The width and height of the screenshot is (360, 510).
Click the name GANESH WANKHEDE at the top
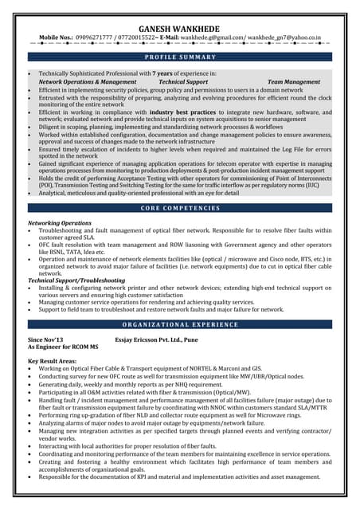[x=180, y=26]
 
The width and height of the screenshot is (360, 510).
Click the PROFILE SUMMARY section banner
[x=180, y=57]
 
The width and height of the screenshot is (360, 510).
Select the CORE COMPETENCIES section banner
[x=180, y=208]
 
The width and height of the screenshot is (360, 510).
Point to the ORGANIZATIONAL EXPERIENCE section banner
[x=180, y=325]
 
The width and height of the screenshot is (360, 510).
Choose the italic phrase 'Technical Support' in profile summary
[x=183, y=81]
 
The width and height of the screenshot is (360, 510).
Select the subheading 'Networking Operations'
[x=60, y=223]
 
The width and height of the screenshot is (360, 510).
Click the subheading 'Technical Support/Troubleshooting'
[x=76, y=280]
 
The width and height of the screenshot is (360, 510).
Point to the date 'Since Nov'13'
[x=46, y=339]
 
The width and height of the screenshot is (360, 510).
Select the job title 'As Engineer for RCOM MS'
[x=63, y=347]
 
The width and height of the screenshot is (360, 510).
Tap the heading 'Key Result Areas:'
[x=53, y=362]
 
